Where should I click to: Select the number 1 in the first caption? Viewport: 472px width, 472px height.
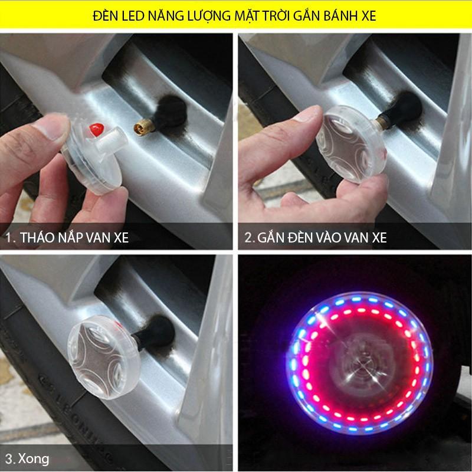pos(9,238)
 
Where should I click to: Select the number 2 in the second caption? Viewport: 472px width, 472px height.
pos(250,238)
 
